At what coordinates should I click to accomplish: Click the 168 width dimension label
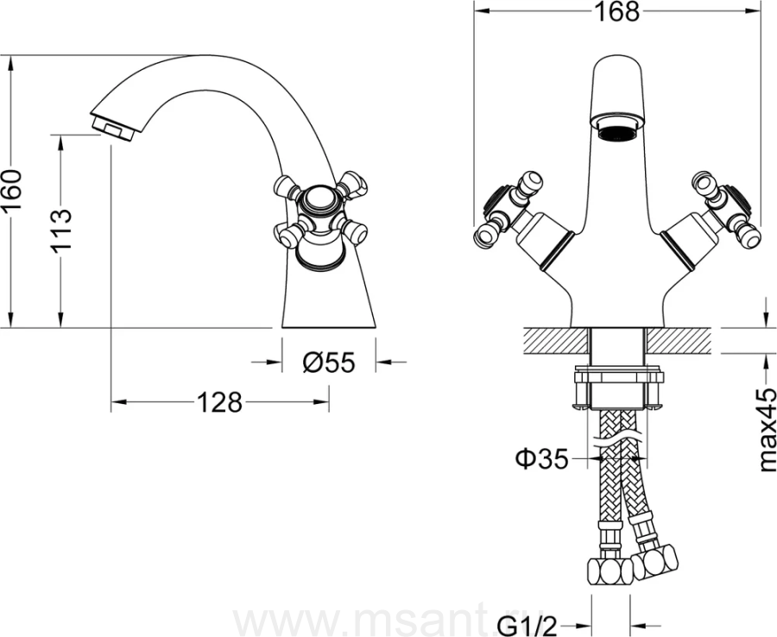point(616,12)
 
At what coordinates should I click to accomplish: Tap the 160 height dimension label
point(12,190)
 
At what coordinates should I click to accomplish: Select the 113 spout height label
point(61,230)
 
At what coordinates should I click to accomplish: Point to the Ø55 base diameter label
point(329,363)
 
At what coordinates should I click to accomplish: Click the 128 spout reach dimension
point(219,401)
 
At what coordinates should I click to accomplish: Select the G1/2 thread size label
point(526,626)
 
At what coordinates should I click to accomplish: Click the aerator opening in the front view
point(616,133)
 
